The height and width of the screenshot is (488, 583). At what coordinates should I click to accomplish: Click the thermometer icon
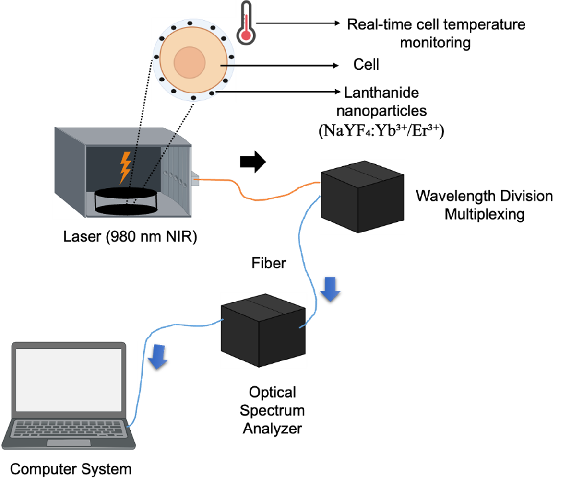[246, 23]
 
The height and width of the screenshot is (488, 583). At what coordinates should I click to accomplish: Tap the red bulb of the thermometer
[246, 35]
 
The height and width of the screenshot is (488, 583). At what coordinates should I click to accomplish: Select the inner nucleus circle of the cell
[190, 62]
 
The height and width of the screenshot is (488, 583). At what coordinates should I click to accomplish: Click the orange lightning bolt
[125, 167]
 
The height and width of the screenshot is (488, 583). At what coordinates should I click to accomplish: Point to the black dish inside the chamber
[126, 201]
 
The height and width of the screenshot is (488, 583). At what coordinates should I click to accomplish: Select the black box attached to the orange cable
[362, 197]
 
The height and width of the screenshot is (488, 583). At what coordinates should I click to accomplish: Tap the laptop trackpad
[69, 442]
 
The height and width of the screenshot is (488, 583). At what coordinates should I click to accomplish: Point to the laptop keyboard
[69, 428]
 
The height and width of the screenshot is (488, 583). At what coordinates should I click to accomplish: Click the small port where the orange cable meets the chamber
[196, 180]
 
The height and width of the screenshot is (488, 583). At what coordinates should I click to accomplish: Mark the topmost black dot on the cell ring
[190, 23]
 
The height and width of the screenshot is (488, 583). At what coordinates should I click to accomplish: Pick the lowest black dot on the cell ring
[193, 98]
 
